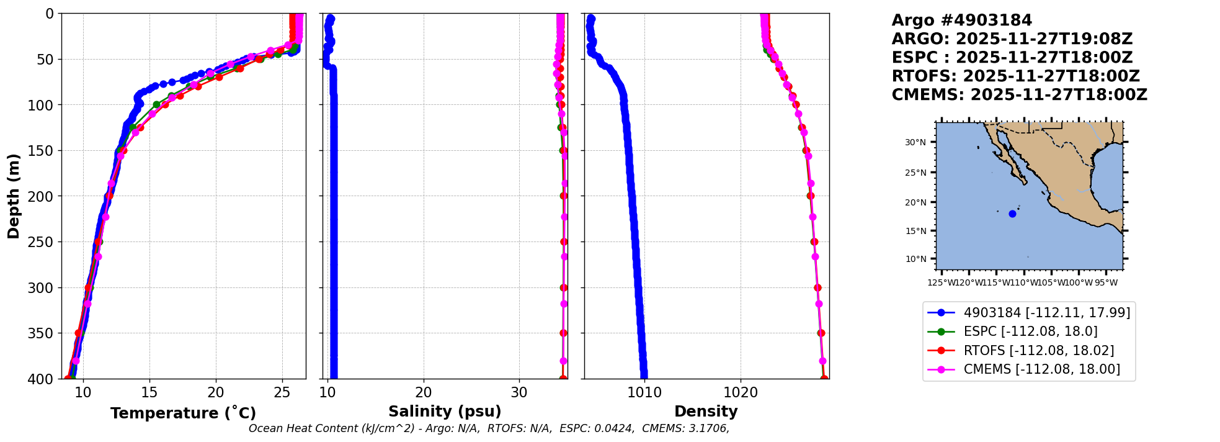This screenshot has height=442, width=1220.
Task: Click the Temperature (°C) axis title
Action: coord(183,413)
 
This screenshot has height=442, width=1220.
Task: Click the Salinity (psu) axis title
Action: coord(444,412)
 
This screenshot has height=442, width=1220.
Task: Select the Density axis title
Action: coord(706,412)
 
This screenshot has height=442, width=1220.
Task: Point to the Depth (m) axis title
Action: coord(14,196)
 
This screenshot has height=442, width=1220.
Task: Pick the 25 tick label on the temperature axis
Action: coord(282,393)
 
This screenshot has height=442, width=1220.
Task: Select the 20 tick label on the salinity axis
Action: coord(424,393)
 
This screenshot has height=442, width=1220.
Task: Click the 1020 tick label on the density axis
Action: coord(741,393)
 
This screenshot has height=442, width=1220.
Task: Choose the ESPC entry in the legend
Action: coord(1030,331)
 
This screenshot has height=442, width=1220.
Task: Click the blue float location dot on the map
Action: coord(1012,214)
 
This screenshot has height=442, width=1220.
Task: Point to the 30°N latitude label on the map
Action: coord(915,143)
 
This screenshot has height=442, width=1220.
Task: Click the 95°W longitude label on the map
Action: coord(1106,283)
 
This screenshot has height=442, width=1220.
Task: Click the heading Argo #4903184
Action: coord(961,20)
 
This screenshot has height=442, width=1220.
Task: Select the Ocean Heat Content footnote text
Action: coord(489,428)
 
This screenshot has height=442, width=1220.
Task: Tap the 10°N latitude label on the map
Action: coord(915,259)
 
